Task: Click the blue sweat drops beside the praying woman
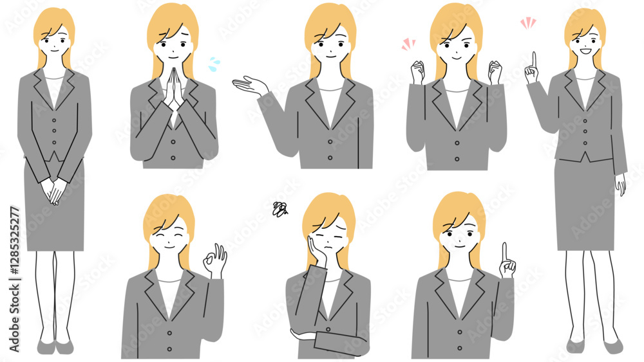click(214, 64)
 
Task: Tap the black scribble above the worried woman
click(280, 209)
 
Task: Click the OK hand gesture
click(215, 261)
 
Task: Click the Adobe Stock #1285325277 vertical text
click(14, 279)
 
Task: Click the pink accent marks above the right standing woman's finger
click(528, 23)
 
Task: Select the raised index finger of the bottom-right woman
click(505, 251)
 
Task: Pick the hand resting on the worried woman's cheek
click(317, 251)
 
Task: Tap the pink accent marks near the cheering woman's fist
click(408, 44)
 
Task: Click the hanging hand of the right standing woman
click(620, 184)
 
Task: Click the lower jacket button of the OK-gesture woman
click(169, 349)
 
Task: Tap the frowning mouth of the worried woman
click(327, 248)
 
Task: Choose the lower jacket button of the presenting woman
click(330, 158)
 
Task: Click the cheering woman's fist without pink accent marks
click(495, 72)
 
